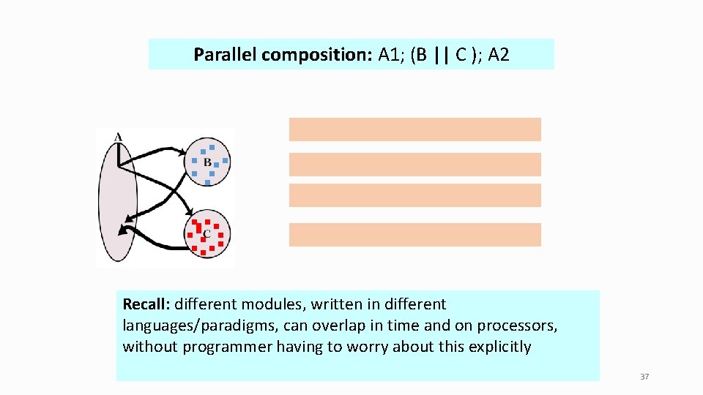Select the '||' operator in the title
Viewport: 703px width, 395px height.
(441, 55)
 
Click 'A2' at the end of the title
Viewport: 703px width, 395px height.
(497, 55)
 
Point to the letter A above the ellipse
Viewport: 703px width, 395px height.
(118, 137)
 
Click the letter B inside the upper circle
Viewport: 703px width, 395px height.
(207, 162)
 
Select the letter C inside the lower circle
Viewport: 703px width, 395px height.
(207, 234)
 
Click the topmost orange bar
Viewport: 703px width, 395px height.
(414, 129)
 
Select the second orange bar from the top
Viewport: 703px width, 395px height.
(414, 165)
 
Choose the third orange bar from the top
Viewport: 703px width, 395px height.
(414, 195)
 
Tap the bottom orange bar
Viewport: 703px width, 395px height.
(414, 235)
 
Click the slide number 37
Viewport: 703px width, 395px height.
(644, 377)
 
